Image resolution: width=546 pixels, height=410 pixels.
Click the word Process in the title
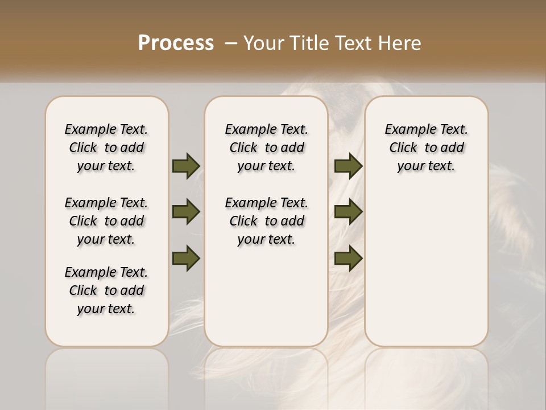coord(176,43)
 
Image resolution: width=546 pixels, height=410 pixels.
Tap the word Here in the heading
coord(400,43)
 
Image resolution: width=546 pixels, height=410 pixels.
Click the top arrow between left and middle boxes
coord(186,166)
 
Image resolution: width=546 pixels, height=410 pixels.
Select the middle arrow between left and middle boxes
coord(186,212)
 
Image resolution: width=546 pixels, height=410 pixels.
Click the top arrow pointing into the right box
coord(348,166)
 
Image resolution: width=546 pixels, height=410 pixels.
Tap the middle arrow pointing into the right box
coord(348,212)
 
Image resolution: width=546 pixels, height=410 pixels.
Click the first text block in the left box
coord(106,147)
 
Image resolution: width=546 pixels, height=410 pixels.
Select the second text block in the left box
coord(106,221)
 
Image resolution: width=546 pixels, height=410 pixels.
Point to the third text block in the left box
coord(106,290)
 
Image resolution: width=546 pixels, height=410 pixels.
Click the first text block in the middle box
coord(266,147)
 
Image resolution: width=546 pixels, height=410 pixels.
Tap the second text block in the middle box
coord(266,221)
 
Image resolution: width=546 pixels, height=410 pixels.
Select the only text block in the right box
coord(426,147)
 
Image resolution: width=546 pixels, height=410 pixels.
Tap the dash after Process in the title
coord(231,43)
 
